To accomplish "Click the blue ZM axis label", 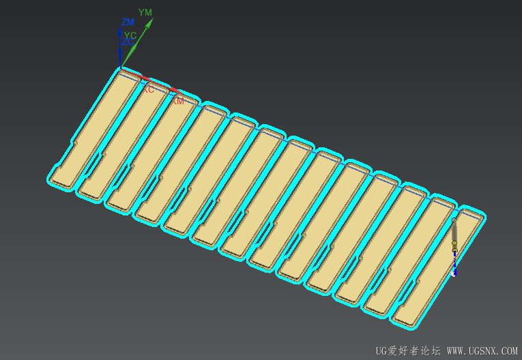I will [x=128, y=22].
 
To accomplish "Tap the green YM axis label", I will [x=145, y=12].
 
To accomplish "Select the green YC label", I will [x=130, y=35].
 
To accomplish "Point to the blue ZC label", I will [x=128, y=42].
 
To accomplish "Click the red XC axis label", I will [x=148, y=89].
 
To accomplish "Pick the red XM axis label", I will [x=177, y=101].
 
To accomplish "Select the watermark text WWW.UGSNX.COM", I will [x=482, y=351].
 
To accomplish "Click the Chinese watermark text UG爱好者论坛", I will [x=408, y=351].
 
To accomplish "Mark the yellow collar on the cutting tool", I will [x=454, y=243].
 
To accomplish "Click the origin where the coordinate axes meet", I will [x=121, y=68].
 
